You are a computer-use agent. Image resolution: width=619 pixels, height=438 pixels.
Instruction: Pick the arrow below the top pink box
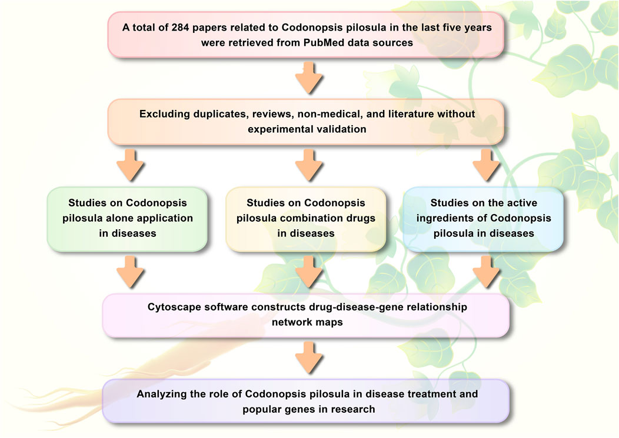(308, 78)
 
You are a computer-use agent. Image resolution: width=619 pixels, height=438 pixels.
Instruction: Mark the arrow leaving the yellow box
(308, 271)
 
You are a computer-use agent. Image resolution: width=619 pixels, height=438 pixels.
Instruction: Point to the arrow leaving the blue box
(485, 271)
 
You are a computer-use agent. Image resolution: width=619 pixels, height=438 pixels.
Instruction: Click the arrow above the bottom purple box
(308, 357)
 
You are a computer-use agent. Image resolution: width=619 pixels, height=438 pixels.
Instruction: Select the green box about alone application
(127, 218)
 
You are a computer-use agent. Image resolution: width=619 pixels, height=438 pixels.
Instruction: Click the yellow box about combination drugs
(306, 218)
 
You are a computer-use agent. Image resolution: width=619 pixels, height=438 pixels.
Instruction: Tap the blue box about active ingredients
(483, 218)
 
